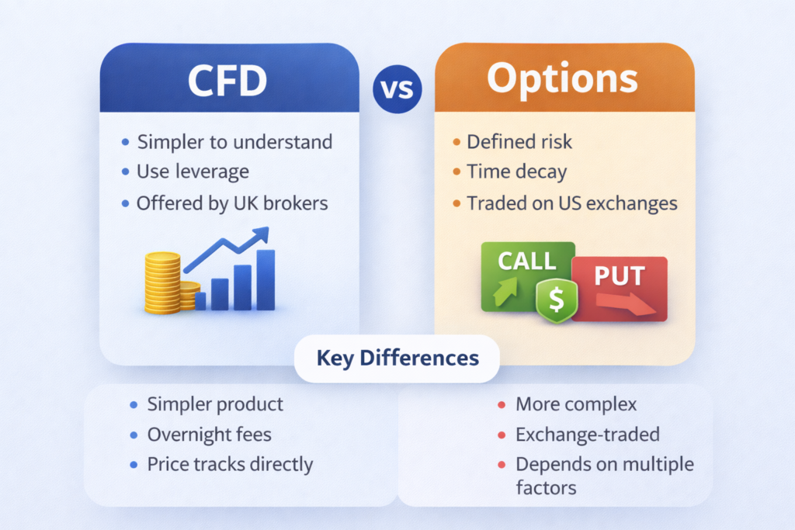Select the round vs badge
pyautogui.click(x=397, y=89)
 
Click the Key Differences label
pyautogui.click(x=397, y=359)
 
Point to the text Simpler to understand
pyautogui.click(x=234, y=142)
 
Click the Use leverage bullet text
pyautogui.click(x=193, y=171)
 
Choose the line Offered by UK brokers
pyautogui.click(x=232, y=203)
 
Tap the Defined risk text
pyautogui.click(x=519, y=142)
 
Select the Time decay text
pyautogui.click(x=516, y=171)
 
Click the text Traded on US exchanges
pyautogui.click(x=572, y=203)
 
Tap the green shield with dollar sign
pyautogui.click(x=556, y=300)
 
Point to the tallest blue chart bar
pyautogui.click(x=266, y=279)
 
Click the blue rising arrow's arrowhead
pyautogui.click(x=261, y=234)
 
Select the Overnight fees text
pyautogui.click(x=210, y=435)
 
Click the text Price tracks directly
pyautogui.click(x=230, y=465)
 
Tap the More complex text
pyautogui.click(x=576, y=404)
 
